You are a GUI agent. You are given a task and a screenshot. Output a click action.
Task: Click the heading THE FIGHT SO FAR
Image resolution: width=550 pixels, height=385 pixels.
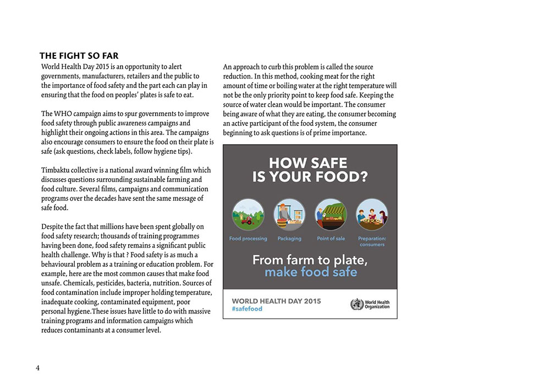(79, 56)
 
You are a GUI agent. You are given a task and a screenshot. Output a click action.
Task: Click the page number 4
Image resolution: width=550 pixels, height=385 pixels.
(37, 368)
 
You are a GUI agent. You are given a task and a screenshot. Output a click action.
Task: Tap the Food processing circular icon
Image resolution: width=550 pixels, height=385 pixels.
(248, 215)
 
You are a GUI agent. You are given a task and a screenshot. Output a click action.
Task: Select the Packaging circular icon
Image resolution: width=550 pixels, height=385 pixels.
(289, 215)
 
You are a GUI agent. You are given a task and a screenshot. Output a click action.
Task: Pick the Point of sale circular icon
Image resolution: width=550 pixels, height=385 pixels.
(331, 215)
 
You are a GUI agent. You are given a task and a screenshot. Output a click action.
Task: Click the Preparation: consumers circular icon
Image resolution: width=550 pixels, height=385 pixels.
(372, 215)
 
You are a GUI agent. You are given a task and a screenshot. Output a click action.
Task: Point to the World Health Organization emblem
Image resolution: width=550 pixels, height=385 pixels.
(357, 304)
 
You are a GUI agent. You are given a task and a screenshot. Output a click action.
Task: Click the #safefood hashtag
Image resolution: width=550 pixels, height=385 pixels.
(247, 309)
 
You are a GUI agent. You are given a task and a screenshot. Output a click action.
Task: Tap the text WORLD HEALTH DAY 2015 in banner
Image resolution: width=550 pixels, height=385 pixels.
(276, 301)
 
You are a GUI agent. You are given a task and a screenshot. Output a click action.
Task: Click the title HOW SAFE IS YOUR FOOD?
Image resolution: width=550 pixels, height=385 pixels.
(310, 170)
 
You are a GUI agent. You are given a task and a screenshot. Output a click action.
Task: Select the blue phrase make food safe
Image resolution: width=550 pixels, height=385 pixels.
(311, 272)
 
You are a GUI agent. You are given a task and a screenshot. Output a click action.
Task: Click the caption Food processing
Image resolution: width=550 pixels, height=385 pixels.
(248, 239)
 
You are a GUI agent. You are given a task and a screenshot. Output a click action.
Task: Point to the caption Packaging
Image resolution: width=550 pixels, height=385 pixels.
(289, 239)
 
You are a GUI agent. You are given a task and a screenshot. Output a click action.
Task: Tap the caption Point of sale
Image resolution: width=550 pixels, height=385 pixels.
(331, 239)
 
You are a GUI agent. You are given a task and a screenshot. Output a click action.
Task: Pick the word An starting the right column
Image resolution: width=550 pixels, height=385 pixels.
(228, 67)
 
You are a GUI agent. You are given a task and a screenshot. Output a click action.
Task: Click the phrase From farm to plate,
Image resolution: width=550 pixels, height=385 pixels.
(310, 260)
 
